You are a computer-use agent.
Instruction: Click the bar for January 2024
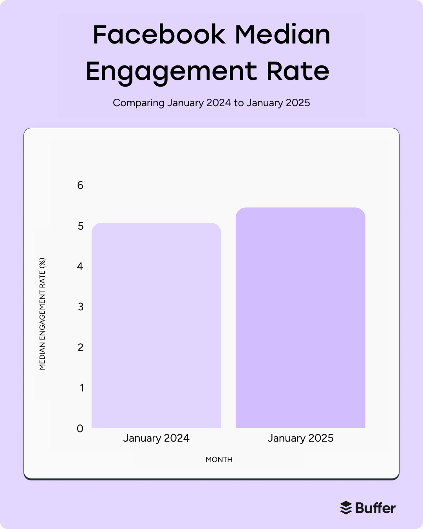156,325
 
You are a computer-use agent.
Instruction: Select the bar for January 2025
300,317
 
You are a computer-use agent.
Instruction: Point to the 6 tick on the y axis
80,185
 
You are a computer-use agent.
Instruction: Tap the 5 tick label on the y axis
81,226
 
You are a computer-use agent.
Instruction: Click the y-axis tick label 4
80,266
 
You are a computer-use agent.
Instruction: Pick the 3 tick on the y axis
81,307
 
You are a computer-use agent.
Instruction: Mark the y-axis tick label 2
81,348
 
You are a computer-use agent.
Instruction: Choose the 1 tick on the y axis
82,388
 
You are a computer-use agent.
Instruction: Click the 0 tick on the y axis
80,429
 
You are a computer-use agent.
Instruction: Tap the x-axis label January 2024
156,438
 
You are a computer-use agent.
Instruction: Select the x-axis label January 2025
300,438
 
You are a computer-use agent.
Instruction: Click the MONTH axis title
219,460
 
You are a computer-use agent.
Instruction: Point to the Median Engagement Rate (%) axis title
42,313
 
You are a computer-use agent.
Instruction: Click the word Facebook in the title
159,34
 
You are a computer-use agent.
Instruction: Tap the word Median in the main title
282,34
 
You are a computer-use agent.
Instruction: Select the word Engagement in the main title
171,72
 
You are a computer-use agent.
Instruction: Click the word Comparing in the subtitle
138,103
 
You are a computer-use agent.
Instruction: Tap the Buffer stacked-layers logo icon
346,508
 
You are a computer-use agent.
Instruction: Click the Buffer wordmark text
375,508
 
